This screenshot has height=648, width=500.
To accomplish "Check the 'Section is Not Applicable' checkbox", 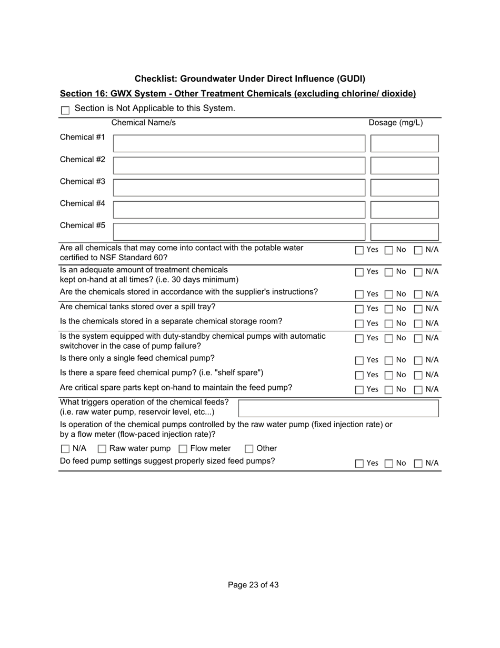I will pos(65,111).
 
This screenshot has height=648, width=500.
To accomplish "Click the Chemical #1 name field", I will pos(239,143).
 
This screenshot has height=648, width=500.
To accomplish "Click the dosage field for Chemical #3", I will pos(404,188).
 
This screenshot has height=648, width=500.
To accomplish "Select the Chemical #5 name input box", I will pos(239,232).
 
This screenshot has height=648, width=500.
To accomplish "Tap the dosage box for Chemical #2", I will pos(404,165).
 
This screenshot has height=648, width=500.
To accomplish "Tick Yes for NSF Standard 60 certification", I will pos(359,250).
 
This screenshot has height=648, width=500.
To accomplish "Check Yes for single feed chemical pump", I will pos(359,360).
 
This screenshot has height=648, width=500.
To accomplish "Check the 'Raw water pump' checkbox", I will pos(102,449).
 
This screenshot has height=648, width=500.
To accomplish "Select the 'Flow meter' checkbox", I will pos(183,449).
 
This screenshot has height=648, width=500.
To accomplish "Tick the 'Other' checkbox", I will pos(249,449).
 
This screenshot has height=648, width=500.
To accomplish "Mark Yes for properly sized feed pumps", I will pos(359,464).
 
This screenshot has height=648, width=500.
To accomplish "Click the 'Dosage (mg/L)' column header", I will pos(395,123).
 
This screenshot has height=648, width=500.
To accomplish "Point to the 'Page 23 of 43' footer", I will pos(253,585).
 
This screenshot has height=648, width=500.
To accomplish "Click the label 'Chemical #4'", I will pos(83,203).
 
